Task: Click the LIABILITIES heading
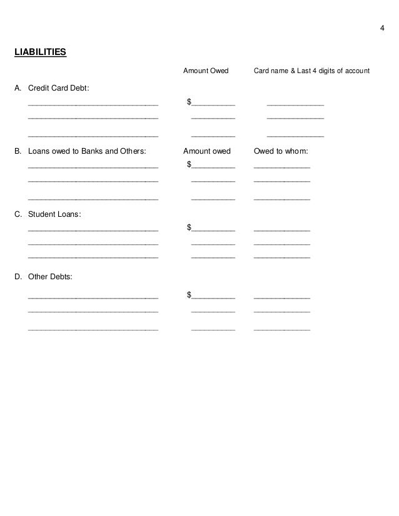coord(40,52)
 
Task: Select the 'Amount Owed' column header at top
coord(206,71)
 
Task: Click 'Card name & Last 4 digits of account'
coord(311,71)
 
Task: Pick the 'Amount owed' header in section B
coord(207,151)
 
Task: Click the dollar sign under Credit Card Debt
coord(189,102)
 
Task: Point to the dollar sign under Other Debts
coord(189,294)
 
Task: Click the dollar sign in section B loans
coord(189,165)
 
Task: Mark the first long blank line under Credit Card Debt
coord(93,104)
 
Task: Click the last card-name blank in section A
coord(295,136)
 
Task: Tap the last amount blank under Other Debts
coord(213,329)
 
